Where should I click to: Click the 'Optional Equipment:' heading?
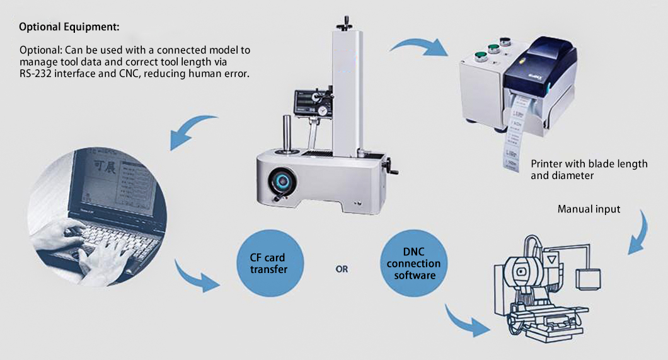pyautogui.click(x=69, y=28)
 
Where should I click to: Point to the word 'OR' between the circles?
pyautogui.click(x=342, y=269)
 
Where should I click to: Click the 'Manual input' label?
pyautogui.click(x=589, y=209)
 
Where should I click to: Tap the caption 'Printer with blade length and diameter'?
pyautogui.click(x=589, y=170)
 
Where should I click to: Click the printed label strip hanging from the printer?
pyautogui.click(x=512, y=142)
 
